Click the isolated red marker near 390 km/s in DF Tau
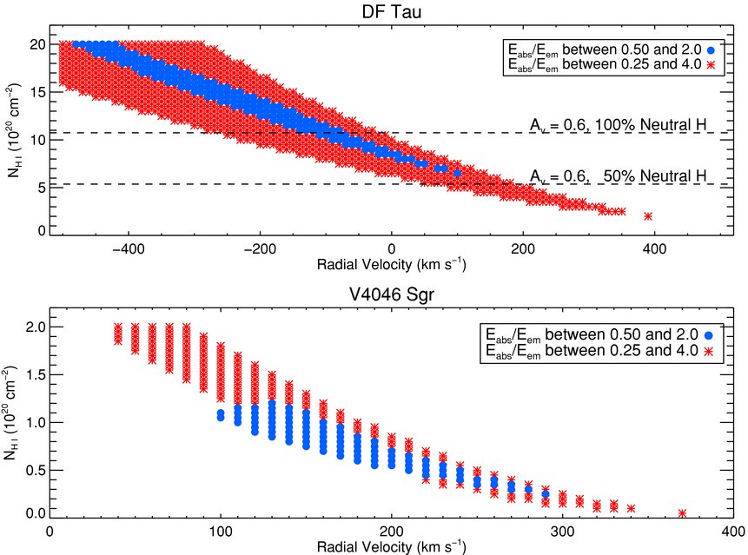(647, 215)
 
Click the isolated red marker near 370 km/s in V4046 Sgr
(682, 513)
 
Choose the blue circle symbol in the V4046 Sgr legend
(711, 334)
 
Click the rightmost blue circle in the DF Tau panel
(457, 173)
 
